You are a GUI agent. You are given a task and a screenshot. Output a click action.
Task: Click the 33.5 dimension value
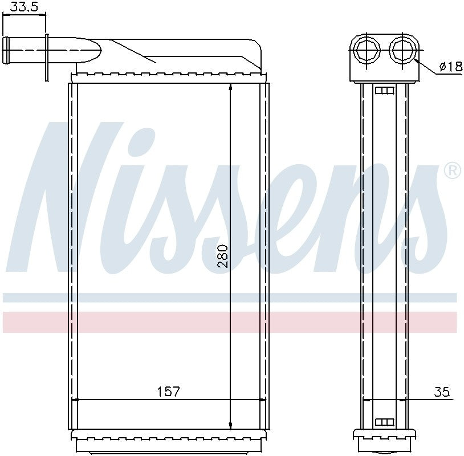24,6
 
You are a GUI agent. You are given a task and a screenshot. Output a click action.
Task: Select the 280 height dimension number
223,256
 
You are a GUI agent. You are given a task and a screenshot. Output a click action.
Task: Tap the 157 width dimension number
168,392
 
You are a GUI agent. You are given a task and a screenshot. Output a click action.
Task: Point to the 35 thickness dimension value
442,392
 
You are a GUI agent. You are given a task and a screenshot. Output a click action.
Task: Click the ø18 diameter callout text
451,66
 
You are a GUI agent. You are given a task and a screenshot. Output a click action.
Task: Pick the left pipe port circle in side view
367,50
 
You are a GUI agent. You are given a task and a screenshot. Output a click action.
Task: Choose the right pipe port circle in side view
404,50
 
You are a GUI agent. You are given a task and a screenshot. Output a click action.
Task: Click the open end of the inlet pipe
5,50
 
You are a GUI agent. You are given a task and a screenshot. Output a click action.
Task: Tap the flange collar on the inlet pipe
47,57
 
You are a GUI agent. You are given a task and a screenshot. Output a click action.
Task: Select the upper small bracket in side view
385,90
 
